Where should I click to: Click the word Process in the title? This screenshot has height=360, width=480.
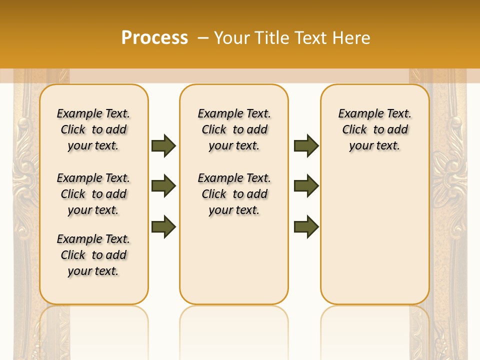(x=154, y=37)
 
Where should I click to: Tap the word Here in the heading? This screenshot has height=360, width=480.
(x=352, y=38)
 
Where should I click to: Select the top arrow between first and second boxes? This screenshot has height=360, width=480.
(x=163, y=145)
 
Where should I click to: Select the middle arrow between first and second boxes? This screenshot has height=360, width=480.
(x=163, y=186)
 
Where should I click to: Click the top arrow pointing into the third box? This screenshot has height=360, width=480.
(x=306, y=145)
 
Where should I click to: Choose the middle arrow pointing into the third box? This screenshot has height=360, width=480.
(x=306, y=186)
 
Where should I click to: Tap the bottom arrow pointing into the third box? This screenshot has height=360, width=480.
(x=306, y=226)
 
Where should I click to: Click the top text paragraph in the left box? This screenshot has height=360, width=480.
(x=93, y=129)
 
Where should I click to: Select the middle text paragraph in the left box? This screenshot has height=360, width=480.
(x=93, y=194)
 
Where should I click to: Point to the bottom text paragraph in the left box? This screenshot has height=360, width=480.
(x=93, y=255)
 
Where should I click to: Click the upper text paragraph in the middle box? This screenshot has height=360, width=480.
(x=234, y=129)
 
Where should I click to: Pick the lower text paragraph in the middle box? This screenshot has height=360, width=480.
(x=234, y=194)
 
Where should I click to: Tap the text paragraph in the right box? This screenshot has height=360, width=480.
(x=375, y=129)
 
